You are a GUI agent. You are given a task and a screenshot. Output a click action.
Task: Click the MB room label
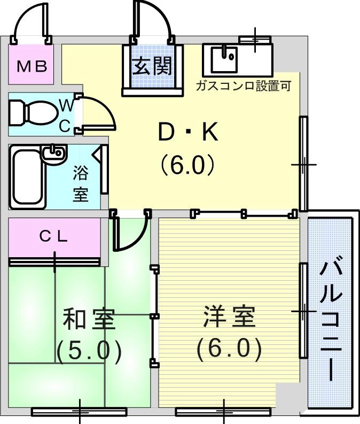click(32, 66)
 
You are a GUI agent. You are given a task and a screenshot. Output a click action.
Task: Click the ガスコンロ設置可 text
click(244, 86)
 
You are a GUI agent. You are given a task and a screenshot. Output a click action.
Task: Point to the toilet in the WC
click(33, 113)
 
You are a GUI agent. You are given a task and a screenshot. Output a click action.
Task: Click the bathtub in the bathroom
click(28, 177)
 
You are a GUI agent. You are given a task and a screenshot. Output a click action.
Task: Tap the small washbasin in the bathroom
click(53, 153)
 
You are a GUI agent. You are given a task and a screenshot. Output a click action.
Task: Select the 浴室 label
click(81, 183)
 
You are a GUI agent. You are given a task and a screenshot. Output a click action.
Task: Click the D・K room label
click(188, 132)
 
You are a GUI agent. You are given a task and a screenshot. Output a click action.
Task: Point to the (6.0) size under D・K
click(188, 164)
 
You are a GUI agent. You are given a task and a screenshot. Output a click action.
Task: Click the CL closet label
click(53, 237)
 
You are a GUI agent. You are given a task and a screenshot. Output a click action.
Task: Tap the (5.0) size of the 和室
click(89, 352)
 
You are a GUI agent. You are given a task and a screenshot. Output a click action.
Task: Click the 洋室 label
click(229, 316)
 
